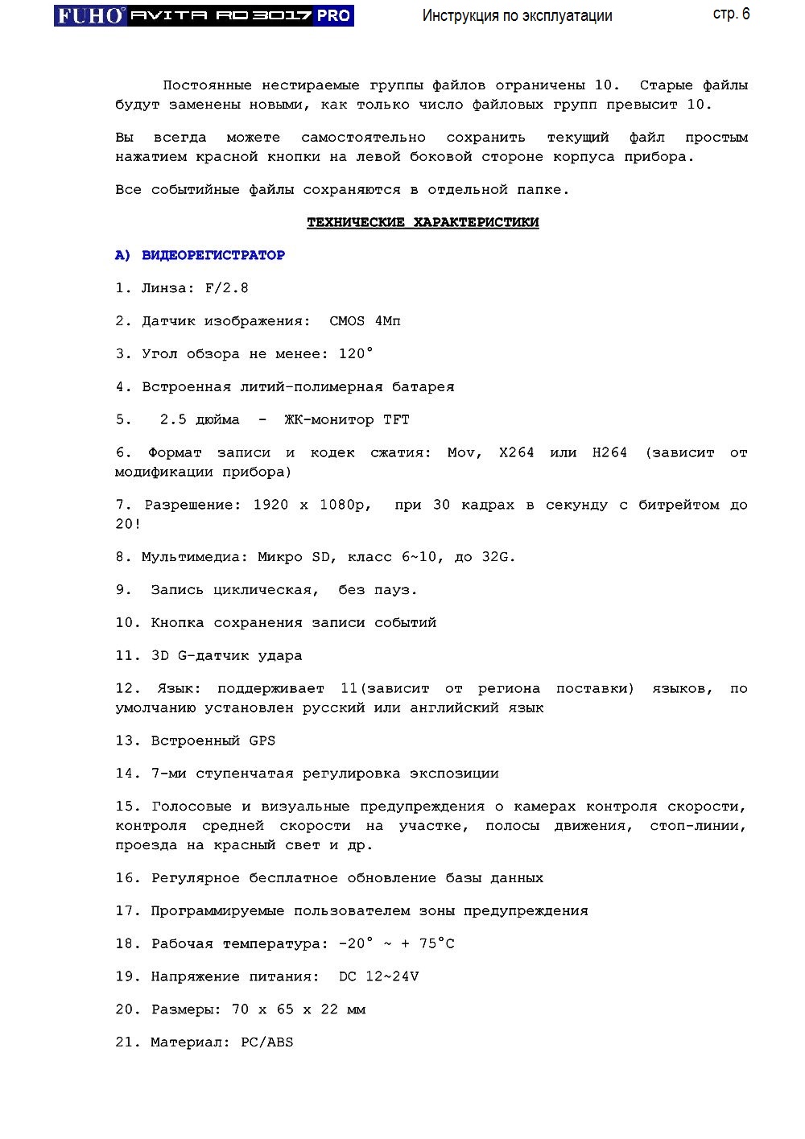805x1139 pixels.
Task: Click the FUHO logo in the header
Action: tap(90, 15)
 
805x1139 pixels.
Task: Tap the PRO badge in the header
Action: tap(333, 15)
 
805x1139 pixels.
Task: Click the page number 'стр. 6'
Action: tap(731, 14)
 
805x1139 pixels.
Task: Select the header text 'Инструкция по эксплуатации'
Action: tap(517, 16)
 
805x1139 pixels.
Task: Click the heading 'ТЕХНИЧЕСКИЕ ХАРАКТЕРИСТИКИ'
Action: tap(423, 222)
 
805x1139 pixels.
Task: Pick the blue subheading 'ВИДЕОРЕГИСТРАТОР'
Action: tap(213, 255)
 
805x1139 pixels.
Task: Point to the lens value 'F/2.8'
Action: tap(226, 288)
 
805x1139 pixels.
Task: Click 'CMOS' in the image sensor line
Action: tap(347, 321)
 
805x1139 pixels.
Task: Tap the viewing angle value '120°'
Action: tap(356, 353)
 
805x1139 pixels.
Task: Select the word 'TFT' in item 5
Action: tap(396, 419)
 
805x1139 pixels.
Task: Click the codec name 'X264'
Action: tap(516, 452)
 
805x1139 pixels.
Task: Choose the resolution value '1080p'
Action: tap(345, 505)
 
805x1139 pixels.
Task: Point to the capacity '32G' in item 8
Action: tap(498, 557)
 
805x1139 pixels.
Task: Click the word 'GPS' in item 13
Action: tap(262, 741)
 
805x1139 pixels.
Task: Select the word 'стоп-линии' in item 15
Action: tap(697, 826)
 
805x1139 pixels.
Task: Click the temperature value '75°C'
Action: tap(436, 943)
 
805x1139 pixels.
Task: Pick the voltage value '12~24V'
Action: tap(392, 976)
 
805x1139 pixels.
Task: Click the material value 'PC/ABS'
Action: tap(267, 1042)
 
